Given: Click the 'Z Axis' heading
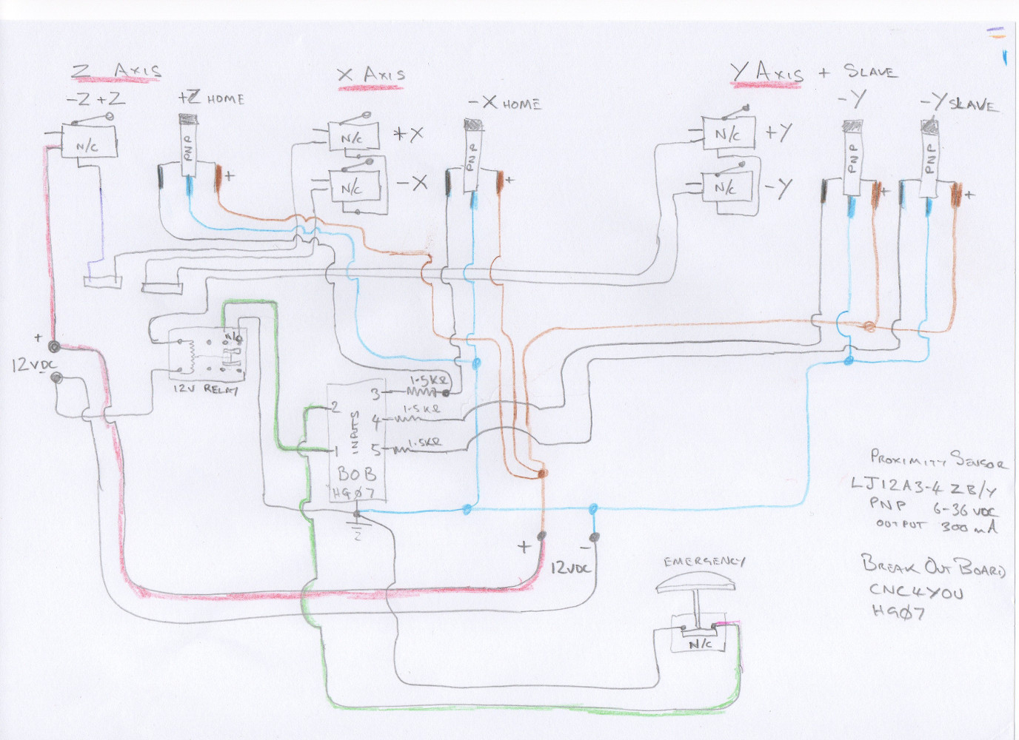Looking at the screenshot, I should pyautogui.click(x=116, y=72).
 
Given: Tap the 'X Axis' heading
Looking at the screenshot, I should pyautogui.click(x=371, y=75).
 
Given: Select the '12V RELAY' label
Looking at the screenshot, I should pyautogui.click(x=205, y=388).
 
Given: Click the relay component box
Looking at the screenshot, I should pyautogui.click(x=207, y=356).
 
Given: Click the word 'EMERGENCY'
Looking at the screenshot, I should pyautogui.click(x=704, y=562).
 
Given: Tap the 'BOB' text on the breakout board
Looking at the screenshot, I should pyautogui.click(x=356, y=473).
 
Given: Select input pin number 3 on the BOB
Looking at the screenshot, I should pyautogui.click(x=375, y=394).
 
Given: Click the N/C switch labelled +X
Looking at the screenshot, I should pyautogui.click(x=353, y=138).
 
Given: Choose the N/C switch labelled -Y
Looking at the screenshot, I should pyautogui.click(x=726, y=187).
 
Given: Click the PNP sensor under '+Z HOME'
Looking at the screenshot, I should pyautogui.click(x=188, y=146).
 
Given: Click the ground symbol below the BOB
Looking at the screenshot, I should pyautogui.click(x=358, y=528).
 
